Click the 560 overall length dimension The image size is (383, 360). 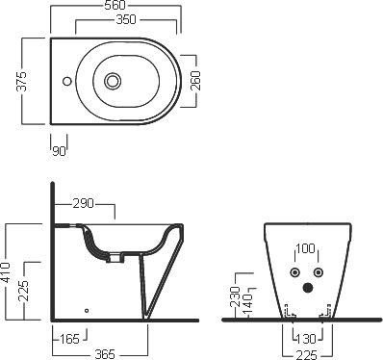115,6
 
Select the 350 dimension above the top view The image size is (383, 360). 126,19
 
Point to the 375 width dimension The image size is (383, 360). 22,81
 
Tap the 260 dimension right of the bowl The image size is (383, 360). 195,81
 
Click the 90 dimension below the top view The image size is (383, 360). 59,151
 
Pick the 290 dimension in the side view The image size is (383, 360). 84,203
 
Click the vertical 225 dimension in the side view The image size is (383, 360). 23,291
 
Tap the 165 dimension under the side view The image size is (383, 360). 69,339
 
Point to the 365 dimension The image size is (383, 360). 105,354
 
